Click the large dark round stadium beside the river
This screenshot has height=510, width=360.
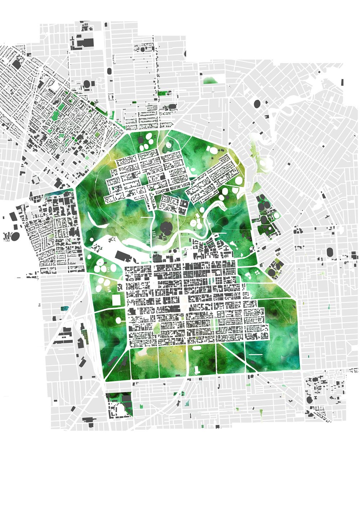[166, 228]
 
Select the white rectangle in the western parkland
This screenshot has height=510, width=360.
[116, 300]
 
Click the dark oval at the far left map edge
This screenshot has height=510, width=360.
[15, 237]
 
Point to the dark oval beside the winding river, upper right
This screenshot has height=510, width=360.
[257, 104]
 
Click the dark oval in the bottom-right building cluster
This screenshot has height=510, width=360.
[309, 399]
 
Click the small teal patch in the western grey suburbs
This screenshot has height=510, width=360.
[64, 309]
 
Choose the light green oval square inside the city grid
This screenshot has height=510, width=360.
[157, 328]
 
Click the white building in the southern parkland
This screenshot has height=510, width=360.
[197, 370]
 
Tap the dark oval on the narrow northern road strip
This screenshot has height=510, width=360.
[109, 71]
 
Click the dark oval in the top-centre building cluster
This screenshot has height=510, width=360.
[143, 49]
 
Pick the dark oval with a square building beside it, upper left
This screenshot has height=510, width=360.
[87, 84]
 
